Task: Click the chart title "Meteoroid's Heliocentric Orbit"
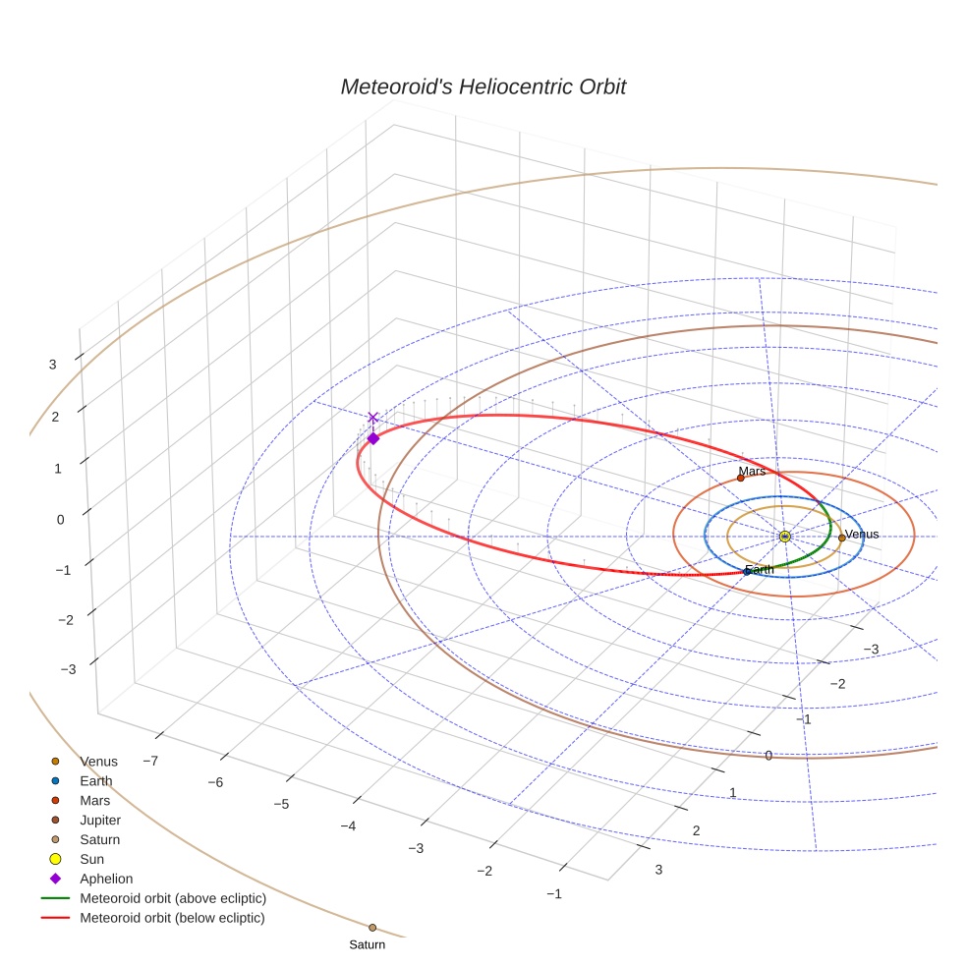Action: (483, 87)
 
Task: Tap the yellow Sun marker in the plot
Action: (784, 537)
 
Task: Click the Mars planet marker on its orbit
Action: (741, 478)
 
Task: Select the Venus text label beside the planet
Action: (862, 535)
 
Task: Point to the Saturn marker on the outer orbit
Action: (372, 928)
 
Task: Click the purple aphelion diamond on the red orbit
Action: (372, 438)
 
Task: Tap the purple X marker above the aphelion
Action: (372, 418)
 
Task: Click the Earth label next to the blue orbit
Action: (760, 570)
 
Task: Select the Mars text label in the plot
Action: (752, 472)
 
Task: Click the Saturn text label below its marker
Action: (367, 945)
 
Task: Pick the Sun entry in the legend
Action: (92, 860)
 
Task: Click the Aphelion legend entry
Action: (106, 880)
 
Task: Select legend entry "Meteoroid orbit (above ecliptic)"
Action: (173, 899)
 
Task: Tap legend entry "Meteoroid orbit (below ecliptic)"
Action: (172, 919)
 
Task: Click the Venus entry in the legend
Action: (98, 762)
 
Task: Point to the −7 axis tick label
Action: (151, 761)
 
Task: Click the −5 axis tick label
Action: (281, 804)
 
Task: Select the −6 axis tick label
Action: (216, 782)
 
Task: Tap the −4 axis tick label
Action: (347, 826)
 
